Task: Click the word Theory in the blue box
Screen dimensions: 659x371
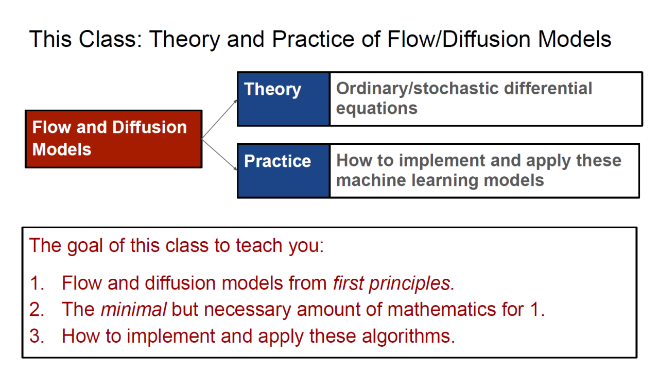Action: (272, 90)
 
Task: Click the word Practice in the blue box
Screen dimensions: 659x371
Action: (278, 161)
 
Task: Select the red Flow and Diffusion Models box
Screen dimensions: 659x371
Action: (114, 139)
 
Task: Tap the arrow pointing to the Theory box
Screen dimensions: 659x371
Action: (219, 119)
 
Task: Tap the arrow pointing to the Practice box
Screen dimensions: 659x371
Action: (219, 155)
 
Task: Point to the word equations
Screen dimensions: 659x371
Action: (376, 109)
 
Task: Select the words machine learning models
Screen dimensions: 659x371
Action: (440, 180)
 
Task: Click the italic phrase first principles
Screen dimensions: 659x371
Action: (394, 283)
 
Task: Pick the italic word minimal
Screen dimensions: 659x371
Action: (133, 310)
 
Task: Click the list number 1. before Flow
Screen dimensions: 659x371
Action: (37, 283)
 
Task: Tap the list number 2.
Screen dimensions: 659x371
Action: (37, 310)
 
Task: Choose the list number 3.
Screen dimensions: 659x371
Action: (37, 336)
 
